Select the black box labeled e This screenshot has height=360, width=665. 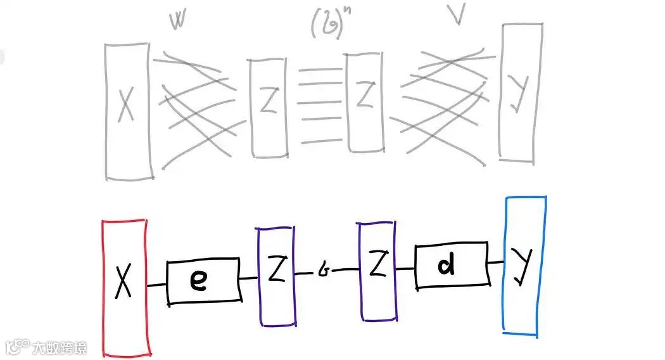(204, 281)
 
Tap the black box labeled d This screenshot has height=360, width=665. (452, 266)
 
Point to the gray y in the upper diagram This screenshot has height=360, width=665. (521, 95)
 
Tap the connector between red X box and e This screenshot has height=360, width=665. (157, 285)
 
